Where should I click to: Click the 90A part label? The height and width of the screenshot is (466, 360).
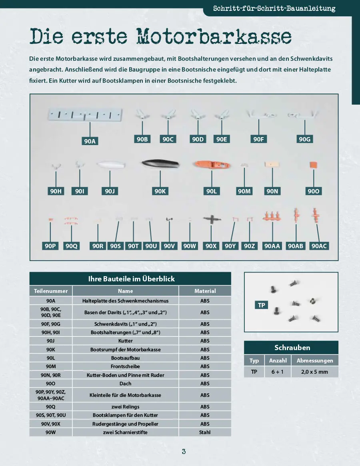[90, 141]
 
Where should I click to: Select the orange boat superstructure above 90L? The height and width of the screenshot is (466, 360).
[212, 165]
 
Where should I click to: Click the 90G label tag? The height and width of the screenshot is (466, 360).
[304, 139]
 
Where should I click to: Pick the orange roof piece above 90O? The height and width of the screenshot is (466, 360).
[314, 165]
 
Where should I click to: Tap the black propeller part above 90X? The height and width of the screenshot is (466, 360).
[211, 219]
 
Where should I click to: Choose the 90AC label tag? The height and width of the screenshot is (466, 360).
[319, 246]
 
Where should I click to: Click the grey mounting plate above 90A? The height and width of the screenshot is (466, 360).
[85, 115]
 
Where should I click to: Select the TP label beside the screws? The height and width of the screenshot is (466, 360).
[262, 305]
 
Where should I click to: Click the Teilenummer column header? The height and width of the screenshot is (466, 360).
[50, 291]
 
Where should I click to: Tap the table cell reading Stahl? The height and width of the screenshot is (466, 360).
[205, 432]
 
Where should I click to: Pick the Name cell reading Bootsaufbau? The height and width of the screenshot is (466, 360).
[125, 358]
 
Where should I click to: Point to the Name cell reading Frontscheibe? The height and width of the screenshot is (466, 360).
[125, 366]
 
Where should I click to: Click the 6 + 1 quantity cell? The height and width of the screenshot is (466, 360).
[278, 372]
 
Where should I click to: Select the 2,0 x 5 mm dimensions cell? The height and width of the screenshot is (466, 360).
[315, 372]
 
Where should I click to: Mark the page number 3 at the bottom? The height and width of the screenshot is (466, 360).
[184, 452]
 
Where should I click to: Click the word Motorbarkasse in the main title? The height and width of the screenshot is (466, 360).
[214, 37]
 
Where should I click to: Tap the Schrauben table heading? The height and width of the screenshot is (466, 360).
[292, 347]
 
